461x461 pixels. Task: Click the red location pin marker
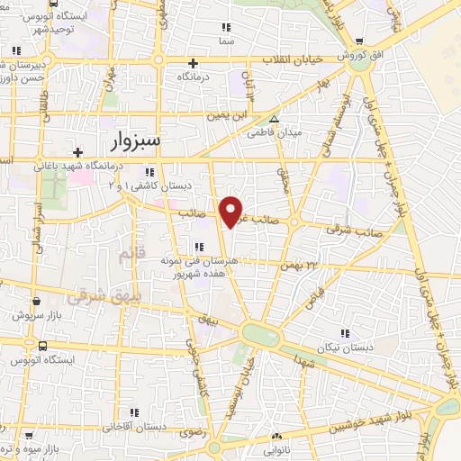point(232,211)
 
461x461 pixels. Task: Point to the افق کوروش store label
point(360,55)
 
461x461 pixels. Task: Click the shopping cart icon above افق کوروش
point(360,41)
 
